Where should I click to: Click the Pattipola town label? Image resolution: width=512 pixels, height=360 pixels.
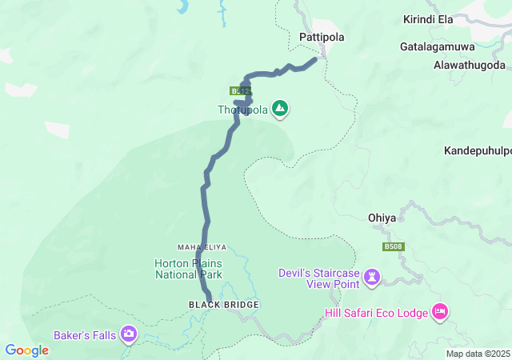point(320,37)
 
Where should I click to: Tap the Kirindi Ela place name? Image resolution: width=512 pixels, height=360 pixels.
point(428,18)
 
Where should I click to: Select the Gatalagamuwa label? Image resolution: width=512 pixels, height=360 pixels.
point(438,46)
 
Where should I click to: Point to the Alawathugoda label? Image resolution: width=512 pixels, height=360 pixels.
point(469,65)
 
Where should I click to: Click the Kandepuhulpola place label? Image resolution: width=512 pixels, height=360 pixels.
point(478,150)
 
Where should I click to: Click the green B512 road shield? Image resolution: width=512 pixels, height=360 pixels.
point(238,91)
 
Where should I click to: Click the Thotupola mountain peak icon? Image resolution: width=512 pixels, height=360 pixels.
point(279,108)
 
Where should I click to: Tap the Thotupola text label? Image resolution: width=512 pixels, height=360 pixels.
point(242,110)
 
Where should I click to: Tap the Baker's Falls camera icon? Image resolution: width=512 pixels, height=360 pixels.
point(129,334)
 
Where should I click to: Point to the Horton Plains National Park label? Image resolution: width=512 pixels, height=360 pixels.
point(188,269)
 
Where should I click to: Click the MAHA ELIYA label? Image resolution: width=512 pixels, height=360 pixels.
point(198,247)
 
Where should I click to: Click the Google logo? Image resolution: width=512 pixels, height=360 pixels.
point(26,350)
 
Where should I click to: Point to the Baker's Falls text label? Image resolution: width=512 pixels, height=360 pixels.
point(85,334)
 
